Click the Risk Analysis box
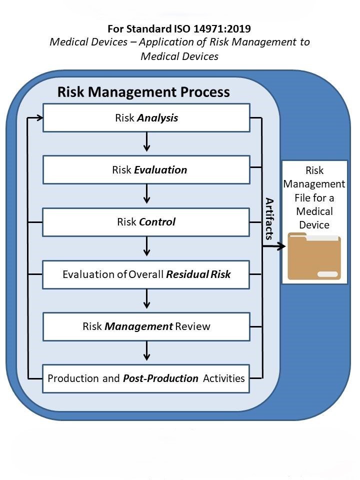tap(146, 118)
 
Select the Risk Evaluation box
tap(146, 170)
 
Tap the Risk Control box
tap(146, 222)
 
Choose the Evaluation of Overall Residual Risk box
tap(146, 274)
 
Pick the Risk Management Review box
tap(146, 326)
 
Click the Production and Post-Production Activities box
tap(146, 378)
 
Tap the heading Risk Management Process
tap(143, 92)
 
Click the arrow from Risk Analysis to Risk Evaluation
tap(146, 143)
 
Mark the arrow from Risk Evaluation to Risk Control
tap(146, 195)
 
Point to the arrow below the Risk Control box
tap(146, 247)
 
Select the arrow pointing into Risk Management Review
tap(146, 299)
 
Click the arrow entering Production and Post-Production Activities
tap(146, 351)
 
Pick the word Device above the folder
tap(314, 224)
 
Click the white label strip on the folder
tap(327, 274)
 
